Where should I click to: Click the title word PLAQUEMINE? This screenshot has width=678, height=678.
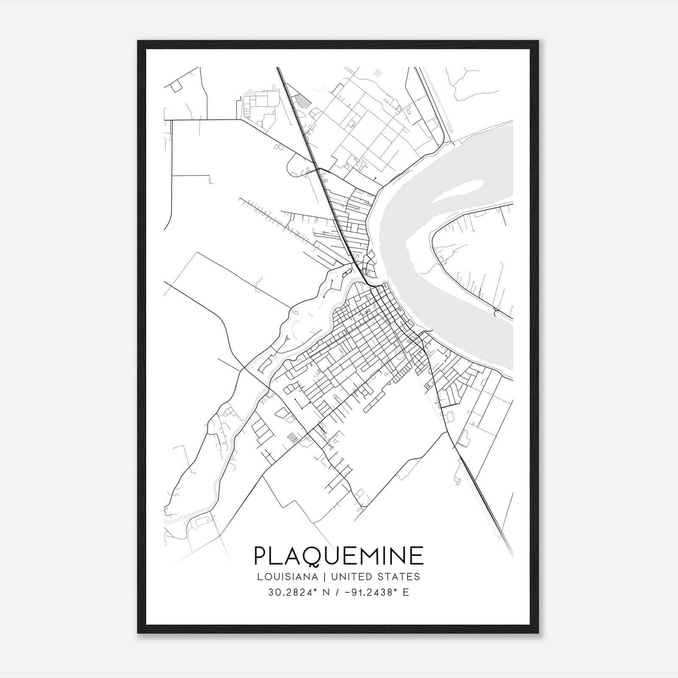[x=339, y=556]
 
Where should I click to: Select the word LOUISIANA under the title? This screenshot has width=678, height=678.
[x=287, y=577]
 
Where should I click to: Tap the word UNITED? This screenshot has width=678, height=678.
[x=351, y=577]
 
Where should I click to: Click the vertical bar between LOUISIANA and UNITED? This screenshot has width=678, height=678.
[x=324, y=577]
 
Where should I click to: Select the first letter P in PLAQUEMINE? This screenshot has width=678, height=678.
[x=261, y=556]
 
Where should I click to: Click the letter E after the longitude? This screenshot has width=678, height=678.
[x=406, y=592]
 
